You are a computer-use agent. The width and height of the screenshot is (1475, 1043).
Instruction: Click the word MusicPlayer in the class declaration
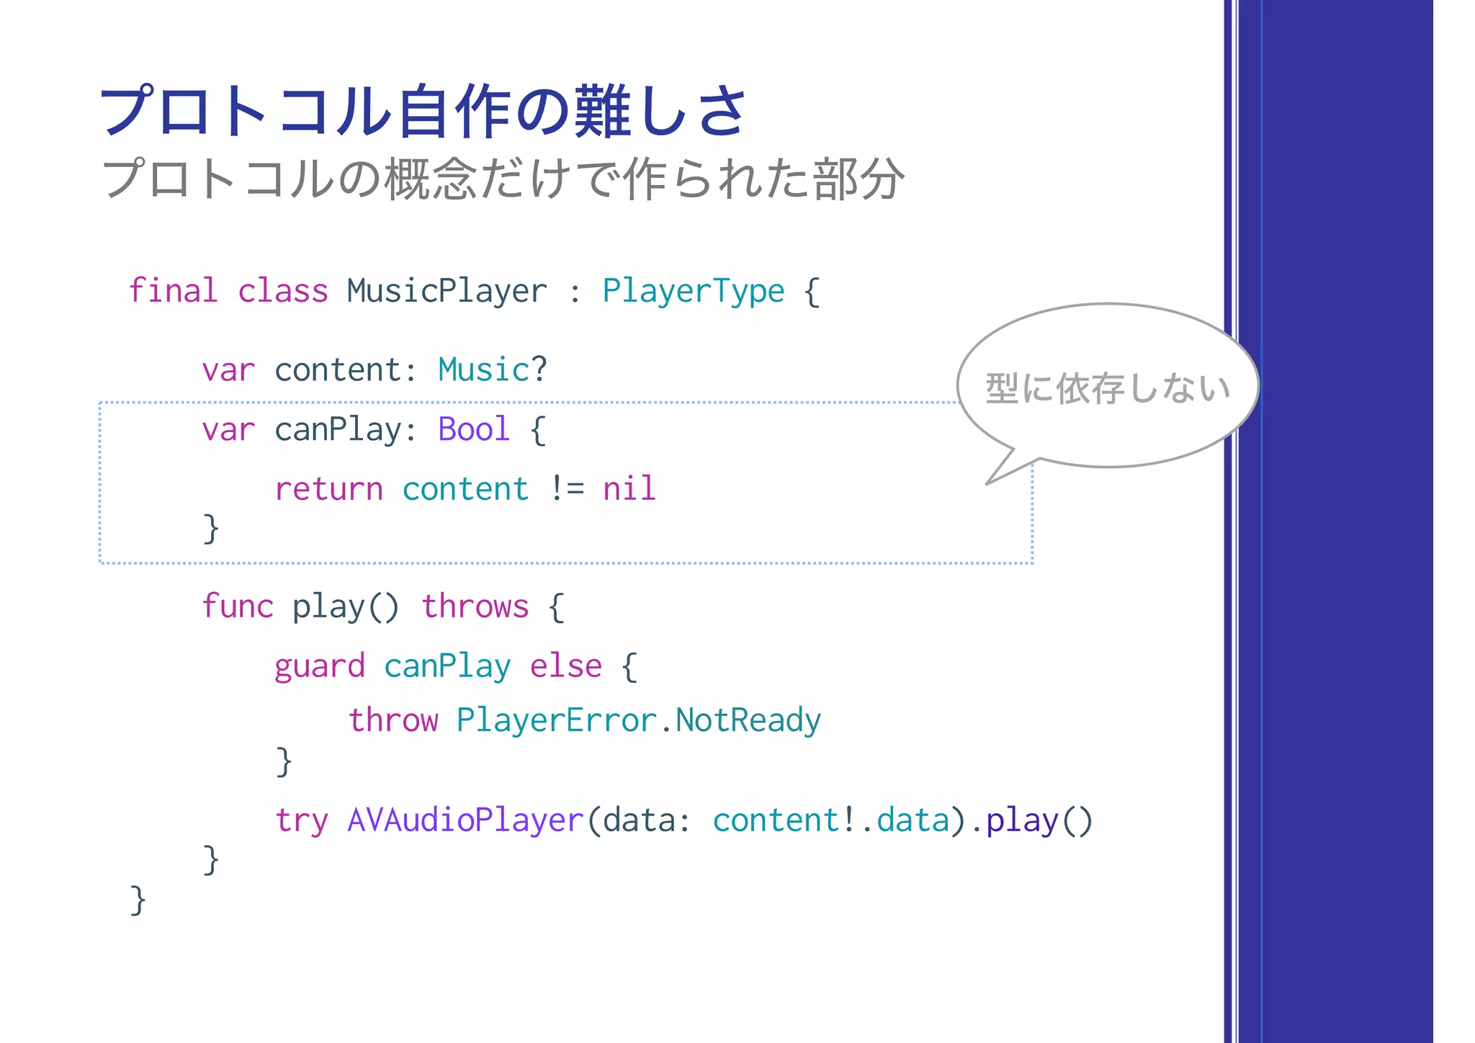[447, 292]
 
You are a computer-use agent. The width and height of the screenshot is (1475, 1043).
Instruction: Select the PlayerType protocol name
[693, 292]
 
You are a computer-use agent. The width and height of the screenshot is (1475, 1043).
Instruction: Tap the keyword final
[173, 292]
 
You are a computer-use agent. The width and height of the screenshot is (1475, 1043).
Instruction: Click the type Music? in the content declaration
[493, 370]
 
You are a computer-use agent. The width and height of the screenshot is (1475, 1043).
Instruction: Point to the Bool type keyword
[474, 430]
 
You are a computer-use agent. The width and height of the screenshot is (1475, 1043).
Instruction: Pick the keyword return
[328, 490]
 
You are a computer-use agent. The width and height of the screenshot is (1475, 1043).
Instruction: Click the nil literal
[629, 489]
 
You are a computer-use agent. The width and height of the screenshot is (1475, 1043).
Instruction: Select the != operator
[566, 490]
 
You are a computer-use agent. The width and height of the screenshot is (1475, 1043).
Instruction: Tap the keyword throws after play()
[475, 606]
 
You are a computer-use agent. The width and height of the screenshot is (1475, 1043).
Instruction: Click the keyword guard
[319, 667]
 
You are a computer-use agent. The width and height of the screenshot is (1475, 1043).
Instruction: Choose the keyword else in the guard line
[565, 667]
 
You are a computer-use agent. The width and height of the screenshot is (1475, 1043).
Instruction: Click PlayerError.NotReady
[638, 720]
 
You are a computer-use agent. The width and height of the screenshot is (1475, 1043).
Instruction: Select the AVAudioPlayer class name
[465, 820]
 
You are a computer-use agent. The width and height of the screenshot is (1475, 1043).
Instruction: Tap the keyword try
[301, 821]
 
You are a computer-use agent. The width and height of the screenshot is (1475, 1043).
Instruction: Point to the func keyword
[237, 606]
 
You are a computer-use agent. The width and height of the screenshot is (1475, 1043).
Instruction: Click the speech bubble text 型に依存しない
[1108, 388]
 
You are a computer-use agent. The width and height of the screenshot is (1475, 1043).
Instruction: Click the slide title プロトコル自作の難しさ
[423, 112]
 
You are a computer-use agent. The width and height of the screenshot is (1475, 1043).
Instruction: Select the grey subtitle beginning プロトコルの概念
[503, 179]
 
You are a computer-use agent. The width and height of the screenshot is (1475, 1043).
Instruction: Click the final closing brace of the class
[138, 900]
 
